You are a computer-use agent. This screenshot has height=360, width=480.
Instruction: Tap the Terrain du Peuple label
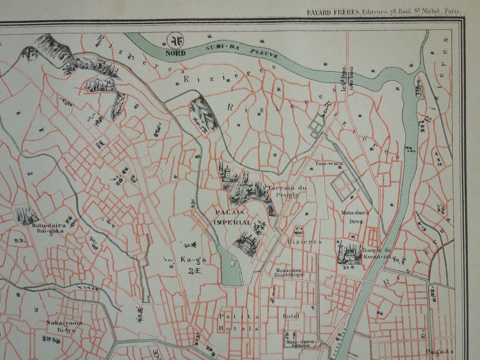click(x=286, y=191)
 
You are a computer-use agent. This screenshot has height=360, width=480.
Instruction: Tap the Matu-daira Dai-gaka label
click(x=48, y=228)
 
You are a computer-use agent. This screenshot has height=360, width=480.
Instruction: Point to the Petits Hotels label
click(x=239, y=322)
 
